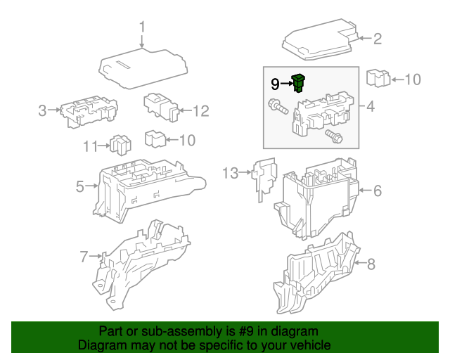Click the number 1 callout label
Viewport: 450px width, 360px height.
(x=141, y=27)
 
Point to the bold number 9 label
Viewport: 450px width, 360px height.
(x=275, y=84)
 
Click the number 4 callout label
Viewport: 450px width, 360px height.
(x=371, y=108)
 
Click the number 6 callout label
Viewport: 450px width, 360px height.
(x=377, y=191)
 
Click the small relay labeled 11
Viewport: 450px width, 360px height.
(x=119, y=145)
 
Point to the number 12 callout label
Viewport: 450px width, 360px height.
(x=200, y=111)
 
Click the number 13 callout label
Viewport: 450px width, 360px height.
(x=231, y=172)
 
